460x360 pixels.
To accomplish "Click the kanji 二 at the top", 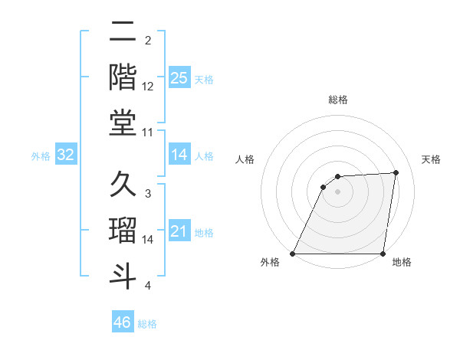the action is click(123, 33).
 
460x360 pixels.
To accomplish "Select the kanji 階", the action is click(123, 77).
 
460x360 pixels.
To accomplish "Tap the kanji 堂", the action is click(123, 122).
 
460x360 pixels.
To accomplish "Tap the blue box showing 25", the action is click(179, 77).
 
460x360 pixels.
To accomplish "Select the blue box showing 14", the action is click(179, 155).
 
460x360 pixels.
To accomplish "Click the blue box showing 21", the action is click(179, 231).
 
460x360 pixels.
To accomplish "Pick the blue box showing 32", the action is click(66, 155).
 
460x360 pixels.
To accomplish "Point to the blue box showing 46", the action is click(123, 322).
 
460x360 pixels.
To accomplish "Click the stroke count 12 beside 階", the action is click(148, 87).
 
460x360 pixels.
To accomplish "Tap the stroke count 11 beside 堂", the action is click(148, 132).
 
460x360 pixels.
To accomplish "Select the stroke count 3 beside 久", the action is click(147, 195).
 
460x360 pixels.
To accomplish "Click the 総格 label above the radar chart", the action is click(338, 100).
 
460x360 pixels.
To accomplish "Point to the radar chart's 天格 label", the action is click(431, 159).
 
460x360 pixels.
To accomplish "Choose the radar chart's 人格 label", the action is click(245, 159).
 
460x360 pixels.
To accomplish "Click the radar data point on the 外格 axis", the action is click(293, 254).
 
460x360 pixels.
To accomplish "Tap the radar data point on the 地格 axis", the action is click(383, 254).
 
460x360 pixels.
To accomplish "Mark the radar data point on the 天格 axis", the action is click(396, 172).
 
